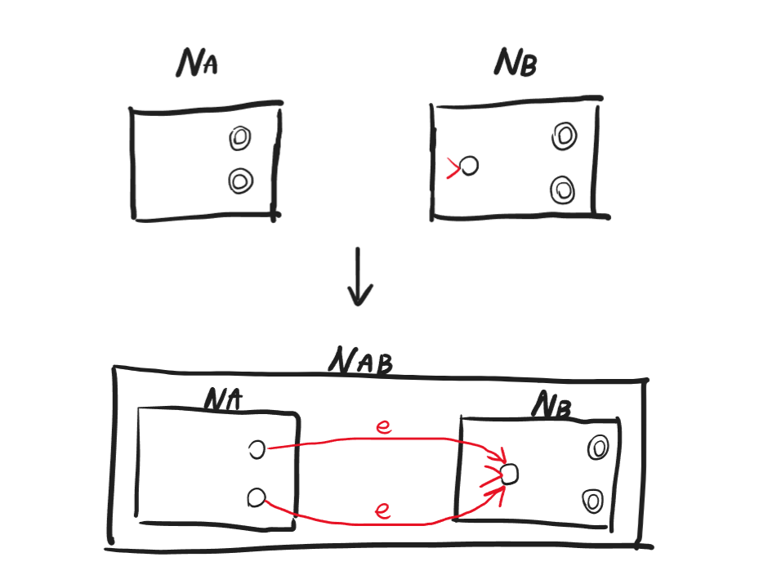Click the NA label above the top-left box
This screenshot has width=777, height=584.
tap(197, 64)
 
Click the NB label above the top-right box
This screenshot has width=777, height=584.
tap(515, 62)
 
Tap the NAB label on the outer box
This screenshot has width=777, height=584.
tap(359, 360)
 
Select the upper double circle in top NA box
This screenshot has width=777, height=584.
tap(239, 139)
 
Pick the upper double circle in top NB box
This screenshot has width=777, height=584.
tap(563, 136)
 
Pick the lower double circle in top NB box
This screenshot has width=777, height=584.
tap(562, 189)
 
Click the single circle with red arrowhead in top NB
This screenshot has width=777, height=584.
tap(468, 167)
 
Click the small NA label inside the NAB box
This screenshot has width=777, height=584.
tap(225, 399)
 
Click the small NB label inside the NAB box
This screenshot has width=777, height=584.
tap(553, 404)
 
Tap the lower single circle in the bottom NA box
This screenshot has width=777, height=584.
tap(257, 497)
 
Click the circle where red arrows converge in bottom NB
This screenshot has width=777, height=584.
tap(509, 474)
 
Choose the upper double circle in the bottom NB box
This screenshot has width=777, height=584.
tap(597, 448)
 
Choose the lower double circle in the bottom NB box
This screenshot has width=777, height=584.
tap(595, 499)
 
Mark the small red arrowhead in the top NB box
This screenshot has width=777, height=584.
tap(453, 168)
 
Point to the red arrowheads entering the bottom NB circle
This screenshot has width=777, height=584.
tap(492, 474)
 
